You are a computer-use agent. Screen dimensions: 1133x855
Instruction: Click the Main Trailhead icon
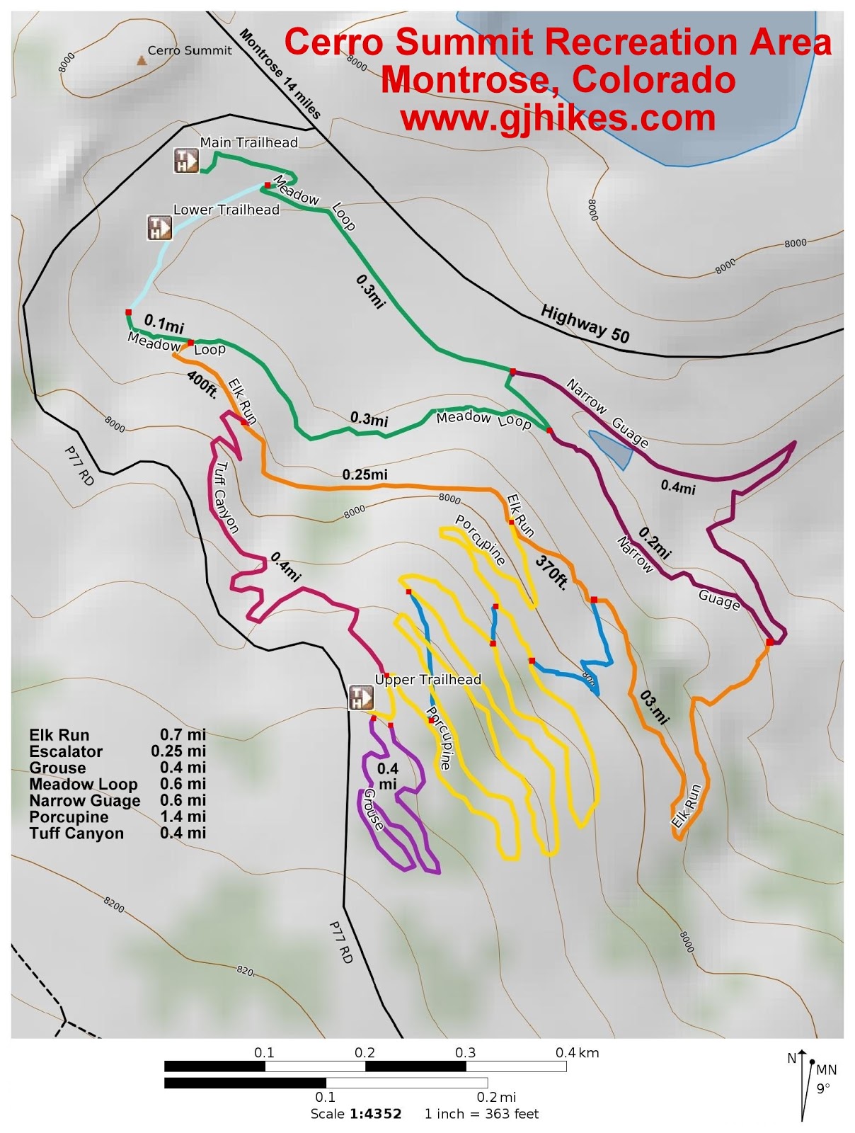pyautogui.click(x=187, y=161)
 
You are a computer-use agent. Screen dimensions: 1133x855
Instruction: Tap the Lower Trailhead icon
pyautogui.click(x=159, y=227)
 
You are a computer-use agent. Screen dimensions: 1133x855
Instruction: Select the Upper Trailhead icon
pyautogui.click(x=361, y=698)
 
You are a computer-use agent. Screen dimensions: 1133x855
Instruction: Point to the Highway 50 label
pyautogui.click(x=585, y=324)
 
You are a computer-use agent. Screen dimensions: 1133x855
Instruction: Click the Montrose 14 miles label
pyautogui.click(x=280, y=74)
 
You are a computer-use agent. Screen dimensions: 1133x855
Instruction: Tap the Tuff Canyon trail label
pyautogui.click(x=226, y=497)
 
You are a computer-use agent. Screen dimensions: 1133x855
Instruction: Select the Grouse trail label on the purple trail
pyautogui.click(x=374, y=810)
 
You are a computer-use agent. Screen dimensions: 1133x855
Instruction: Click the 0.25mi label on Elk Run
pyautogui.click(x=365, y=474)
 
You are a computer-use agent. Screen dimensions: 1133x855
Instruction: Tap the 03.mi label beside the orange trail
pyautogui.click(x=654, y=707)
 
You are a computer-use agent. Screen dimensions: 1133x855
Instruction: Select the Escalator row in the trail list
pyautogui.click(x=117, y=751)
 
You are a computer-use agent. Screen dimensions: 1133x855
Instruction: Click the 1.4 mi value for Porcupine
pyautogui.click(x=183, y=816)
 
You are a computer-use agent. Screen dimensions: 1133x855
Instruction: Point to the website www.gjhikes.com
pyautogui.click(x=558, y=117)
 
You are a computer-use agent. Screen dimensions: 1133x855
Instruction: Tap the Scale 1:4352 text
pyautogui.click(x=355, y=1114)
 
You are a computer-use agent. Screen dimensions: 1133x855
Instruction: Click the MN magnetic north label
pyautogui.click(x=827, y=1069)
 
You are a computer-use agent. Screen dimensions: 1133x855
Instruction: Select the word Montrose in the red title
pyautogui.click(x=460, y=79)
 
